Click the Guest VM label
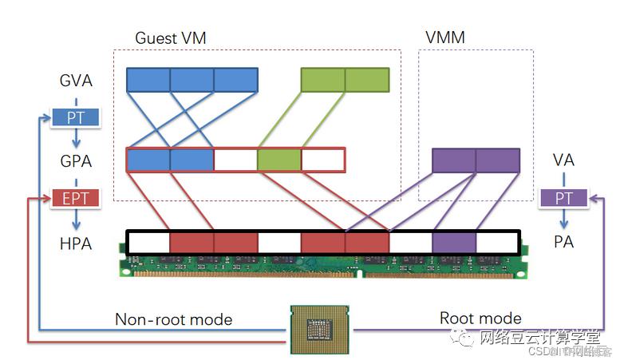[171, 38]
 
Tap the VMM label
[444, 38]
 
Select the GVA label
[76, 81]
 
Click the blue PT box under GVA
[76, 118]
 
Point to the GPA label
[76, 160]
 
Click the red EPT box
[76, 198]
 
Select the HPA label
[76, 243]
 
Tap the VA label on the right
[563, 160]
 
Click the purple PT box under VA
[564, 197]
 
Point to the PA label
[564, 241]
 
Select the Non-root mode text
[173, 319]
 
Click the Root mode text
[480, 318]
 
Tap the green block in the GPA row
[279, 160]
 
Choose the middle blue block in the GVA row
[192, 80]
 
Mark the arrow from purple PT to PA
[564, 217]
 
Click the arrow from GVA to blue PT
[76, 99]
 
